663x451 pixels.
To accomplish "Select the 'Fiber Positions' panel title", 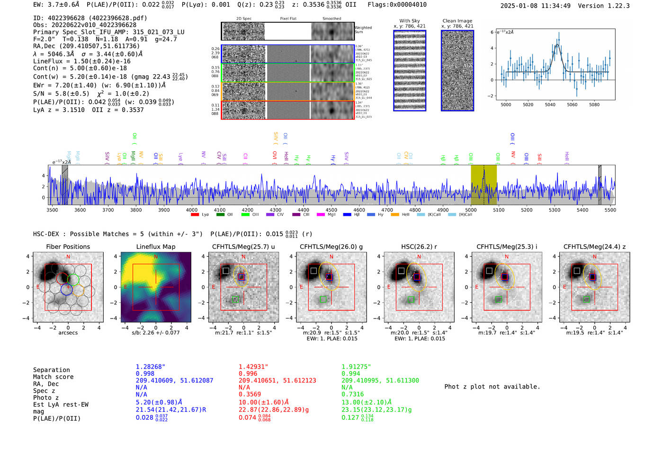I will pyautogui.click(x=68, y=247).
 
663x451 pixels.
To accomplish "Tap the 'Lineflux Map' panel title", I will pyautogui.click(x=155, y=247).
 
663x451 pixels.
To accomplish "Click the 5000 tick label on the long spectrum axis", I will pyautogui.click(x=470, y=210).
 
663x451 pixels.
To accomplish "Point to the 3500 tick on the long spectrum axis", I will pyautogui.click(x=52, y=210).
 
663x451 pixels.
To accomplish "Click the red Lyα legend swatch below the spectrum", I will pyautogui.click(x=194, y=215).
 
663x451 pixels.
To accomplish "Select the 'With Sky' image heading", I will pyautogui.click(x=409, y=21).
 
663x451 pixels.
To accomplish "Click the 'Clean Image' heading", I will pyautogui.click(x=457, y=21).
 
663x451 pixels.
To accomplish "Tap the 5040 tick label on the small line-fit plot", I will pyautogui.click(x=550, y=105).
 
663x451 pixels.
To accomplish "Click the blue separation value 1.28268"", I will pyautogui.click(x=150, y=367).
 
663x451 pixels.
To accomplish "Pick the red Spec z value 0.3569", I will pyautogui.click(x=250, y=394).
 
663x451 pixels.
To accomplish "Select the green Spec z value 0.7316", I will pyautogui.click(x=352, y=394).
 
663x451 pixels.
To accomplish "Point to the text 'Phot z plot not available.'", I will pyautogui.click(x=492, y=387).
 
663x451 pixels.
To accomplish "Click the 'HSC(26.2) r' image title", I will pyautogui.click(x=419, y=247).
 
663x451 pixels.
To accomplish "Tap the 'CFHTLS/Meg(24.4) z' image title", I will pyautogui.click(x=594, y=247).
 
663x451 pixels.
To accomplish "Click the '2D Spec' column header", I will pyautogui.click(x=244, y=19).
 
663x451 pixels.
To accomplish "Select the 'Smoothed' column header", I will pyautogui.click(x=331, y=19).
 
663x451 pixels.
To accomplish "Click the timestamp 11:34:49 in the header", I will pyautogui.click(x=554, y=6).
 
